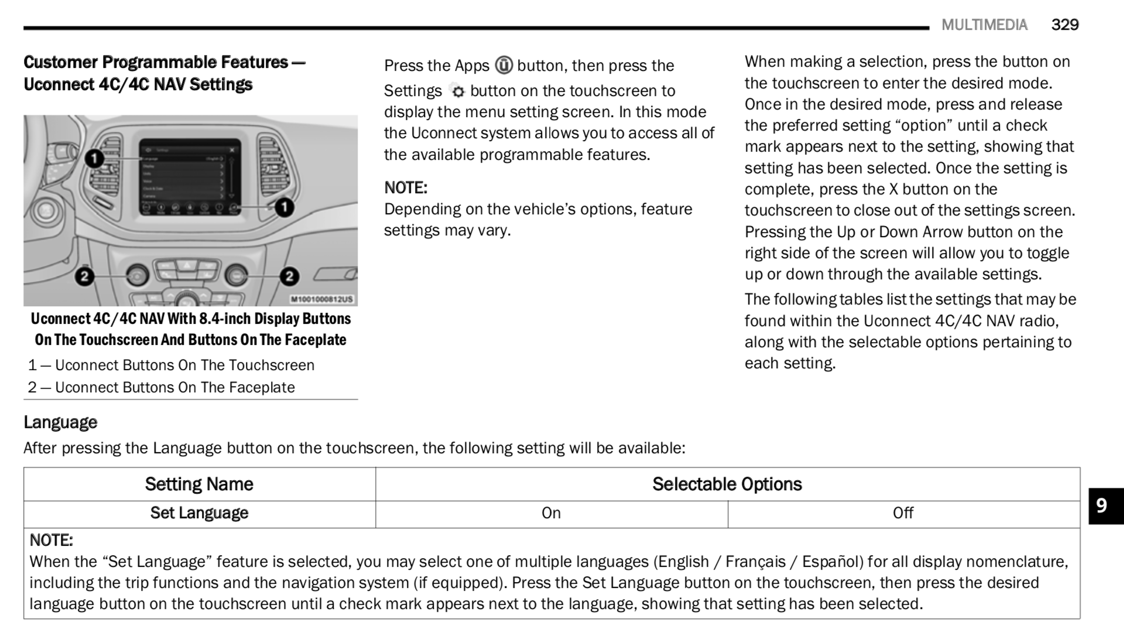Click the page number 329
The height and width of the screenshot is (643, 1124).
[x=1065, y=25]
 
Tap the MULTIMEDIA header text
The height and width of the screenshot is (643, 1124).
[x=984, y=25]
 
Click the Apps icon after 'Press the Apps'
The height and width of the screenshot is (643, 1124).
[x=503, y=65]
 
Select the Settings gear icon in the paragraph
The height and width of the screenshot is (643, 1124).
[x=457, y=91]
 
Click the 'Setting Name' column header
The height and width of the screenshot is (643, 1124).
[x=199, y=484]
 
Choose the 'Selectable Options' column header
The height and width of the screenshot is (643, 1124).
[x=727, y=484]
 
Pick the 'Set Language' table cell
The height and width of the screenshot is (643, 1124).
[x=199, y=513]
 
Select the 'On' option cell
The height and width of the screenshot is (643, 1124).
[x=551, y=513]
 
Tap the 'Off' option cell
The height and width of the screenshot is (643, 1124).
[x=903, y=513]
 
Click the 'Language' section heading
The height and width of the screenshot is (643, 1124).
[x=60, y=422]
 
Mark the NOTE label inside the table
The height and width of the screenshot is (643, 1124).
[x=52, y=540]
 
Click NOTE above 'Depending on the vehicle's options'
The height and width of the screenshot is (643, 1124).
[x=406, y=188]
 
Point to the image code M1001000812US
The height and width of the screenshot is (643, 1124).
[x=322, y=299]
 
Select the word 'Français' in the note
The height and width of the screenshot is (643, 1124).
[x=755, y=562]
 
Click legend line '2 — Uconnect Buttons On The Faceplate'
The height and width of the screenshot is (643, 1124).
[x=162, y=388]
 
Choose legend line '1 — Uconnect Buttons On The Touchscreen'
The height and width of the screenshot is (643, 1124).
[x=171, y=365]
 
